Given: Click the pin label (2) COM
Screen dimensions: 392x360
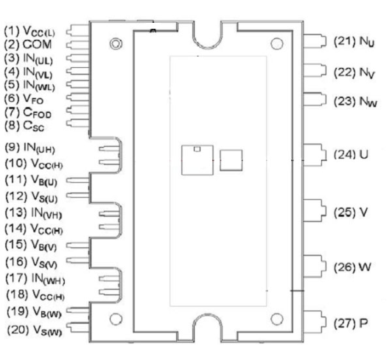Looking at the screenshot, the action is click(28, 44).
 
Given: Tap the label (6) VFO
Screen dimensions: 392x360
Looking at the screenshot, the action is click(24, 99).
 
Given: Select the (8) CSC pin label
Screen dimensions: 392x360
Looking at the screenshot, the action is click(24, 125).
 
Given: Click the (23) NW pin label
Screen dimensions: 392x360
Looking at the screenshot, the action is click(355, 101).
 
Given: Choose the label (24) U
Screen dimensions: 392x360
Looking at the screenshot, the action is click(351, 154).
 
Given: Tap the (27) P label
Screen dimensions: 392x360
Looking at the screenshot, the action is click(351, 323).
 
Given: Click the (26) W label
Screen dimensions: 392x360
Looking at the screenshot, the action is click(352, 267).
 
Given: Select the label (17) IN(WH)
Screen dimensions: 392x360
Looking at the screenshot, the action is click(35, 279).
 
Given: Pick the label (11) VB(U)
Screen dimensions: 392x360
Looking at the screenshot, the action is click(31, 181).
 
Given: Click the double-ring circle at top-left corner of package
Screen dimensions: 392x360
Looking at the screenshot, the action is click(116, 44).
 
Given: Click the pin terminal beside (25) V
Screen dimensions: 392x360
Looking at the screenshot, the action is click(315, 210).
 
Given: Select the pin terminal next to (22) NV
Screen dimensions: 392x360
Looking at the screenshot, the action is click(315, 70).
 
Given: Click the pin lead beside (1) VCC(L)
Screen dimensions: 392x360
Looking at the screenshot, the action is click(77, 31).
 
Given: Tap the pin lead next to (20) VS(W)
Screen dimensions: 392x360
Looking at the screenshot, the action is click(78, 327).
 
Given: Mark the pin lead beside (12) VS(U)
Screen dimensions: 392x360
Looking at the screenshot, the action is click(78, 195).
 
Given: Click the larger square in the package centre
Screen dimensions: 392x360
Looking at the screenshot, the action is click(197, 160).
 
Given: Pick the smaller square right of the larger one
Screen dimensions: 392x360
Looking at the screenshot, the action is click(231, 161).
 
